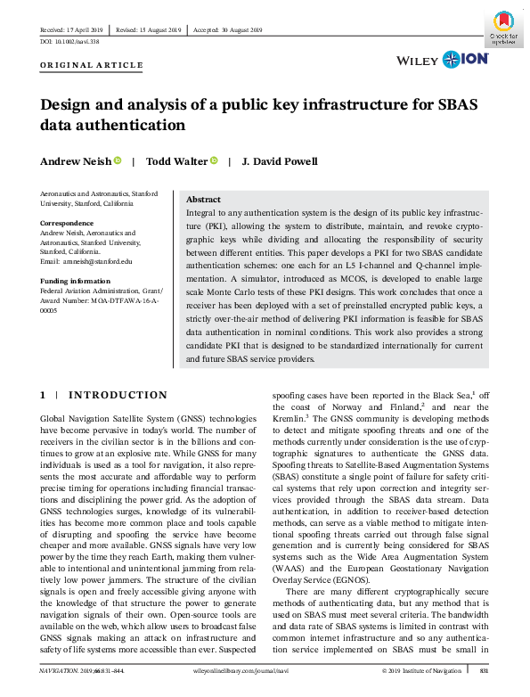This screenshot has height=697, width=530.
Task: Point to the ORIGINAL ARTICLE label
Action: click(x=92, y=65)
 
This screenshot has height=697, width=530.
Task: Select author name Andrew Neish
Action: click(x=76, y=161)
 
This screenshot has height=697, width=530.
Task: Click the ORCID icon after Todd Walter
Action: click(x=214, y=161)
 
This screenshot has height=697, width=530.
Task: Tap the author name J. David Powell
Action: click(x=280, y=161)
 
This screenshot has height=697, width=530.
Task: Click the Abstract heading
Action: click(x=204, y=200)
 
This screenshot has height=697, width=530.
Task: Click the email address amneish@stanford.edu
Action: click(x=96, y=261)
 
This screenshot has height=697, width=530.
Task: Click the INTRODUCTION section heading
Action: click(x=118, y=395)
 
